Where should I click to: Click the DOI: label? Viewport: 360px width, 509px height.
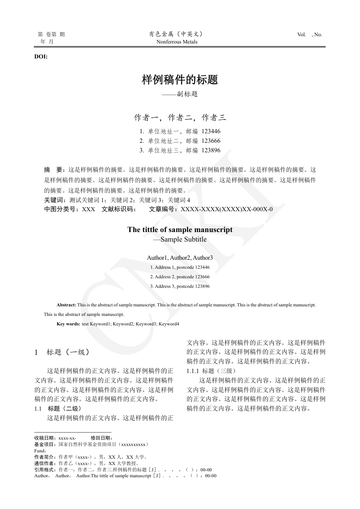coord(41,57)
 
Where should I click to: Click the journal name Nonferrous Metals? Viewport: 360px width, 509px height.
coord(177,42)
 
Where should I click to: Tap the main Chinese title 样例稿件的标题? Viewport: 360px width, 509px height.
coord(180,80)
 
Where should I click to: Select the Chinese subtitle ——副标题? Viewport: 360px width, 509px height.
coord(180,95)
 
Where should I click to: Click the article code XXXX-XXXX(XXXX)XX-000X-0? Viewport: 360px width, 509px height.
coord(227,209)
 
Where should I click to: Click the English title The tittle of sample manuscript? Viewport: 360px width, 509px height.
coord(180,229)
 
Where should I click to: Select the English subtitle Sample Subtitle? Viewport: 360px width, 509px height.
coord(183,239)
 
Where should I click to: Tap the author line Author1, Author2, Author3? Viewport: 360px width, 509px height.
coord(180,257)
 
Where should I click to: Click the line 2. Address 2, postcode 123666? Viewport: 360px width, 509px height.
coord(180,276)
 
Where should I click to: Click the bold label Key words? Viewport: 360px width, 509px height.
coord(68,324)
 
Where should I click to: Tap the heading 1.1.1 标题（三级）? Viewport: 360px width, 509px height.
coord(211,371)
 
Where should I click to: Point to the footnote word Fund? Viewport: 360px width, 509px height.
coord(40,451)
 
